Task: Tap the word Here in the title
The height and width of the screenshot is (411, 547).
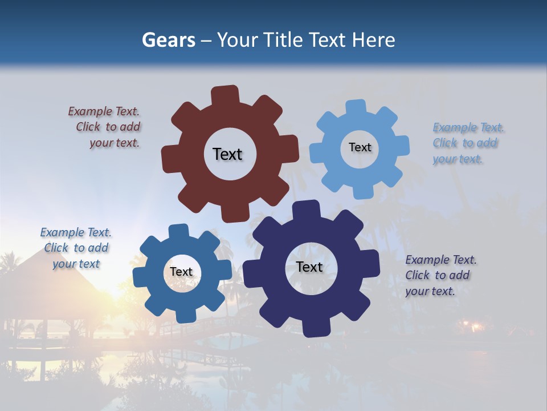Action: pos(373,40)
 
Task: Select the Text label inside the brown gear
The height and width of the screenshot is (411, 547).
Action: pos(227,154)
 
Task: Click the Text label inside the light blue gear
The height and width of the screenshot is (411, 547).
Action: pos(360,147)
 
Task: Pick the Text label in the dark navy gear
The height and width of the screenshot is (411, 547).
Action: pos(309,267)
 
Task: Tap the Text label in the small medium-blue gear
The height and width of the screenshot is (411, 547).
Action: pos(181,272)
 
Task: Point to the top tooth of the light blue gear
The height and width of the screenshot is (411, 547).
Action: pos(356,108)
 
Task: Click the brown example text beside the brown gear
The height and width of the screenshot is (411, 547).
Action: pos(105,127)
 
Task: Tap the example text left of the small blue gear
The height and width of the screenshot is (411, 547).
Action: pos(76,248)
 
